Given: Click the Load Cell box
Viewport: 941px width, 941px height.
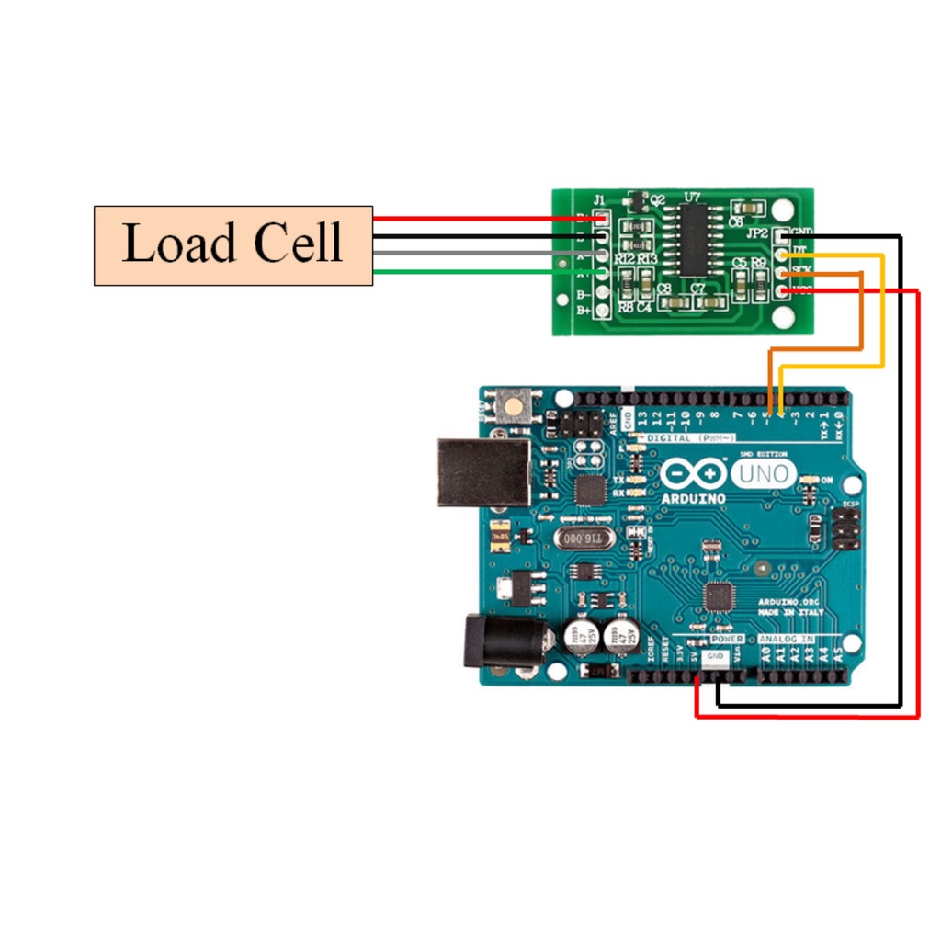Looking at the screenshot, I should point(233,245).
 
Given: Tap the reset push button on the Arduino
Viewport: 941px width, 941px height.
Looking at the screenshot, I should point(512,404).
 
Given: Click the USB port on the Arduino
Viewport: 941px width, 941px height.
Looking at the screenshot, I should point(482,471).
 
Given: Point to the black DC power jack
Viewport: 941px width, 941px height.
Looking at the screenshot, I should point(487,641).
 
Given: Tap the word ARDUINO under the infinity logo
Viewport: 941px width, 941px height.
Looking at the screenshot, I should point(693,498).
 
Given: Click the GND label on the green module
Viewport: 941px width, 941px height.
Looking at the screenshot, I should point(801,231).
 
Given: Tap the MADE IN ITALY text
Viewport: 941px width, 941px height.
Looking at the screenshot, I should point(791,613).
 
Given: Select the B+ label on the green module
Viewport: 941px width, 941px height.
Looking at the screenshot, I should point(584,311).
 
